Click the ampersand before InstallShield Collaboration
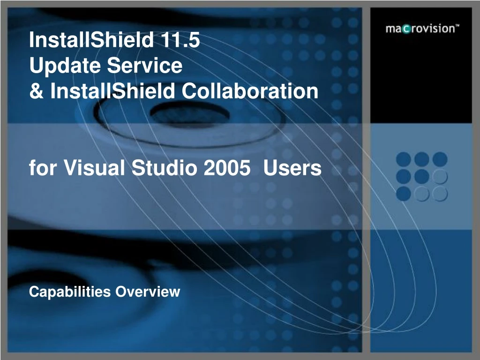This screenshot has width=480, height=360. pos(35,90)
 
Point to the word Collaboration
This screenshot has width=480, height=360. pos(250,90)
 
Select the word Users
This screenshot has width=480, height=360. pos(292,168)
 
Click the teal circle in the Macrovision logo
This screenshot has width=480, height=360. pos(406,29)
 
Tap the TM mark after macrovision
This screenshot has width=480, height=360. pos(457,26)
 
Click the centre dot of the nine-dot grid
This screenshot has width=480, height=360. pos(422,177)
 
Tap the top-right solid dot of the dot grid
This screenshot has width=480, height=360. pos(440,159)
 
